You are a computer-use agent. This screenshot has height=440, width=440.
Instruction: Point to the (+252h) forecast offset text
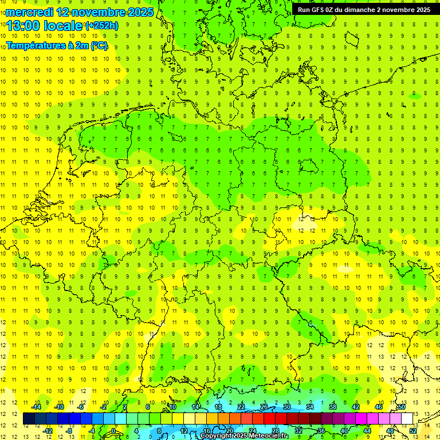tap(102, 26)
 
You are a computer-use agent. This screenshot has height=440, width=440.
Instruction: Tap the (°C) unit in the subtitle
tap(99, 45)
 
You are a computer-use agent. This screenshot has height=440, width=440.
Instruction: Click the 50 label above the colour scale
tap(402, 407)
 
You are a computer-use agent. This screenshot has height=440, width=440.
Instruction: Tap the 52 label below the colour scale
tap(413, 431)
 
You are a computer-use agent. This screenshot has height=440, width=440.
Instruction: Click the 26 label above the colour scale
tap(264, 407)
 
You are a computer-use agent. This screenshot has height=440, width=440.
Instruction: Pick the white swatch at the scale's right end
tap(407, 419)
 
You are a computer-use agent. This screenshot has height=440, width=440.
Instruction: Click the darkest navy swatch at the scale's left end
tap(29, 419)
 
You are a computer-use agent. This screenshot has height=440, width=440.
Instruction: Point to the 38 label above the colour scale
tap(333, 407)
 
